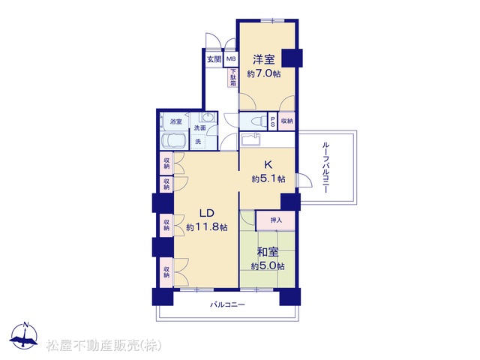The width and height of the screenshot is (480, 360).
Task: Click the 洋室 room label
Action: click(263, 59)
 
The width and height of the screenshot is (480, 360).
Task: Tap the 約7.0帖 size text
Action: click(264, 73)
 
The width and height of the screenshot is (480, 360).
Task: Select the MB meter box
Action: click(231, 58)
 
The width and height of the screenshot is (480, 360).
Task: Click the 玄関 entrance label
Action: click(214, 59)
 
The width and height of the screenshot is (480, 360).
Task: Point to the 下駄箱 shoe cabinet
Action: click(233, 77)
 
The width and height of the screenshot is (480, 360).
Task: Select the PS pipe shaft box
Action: click(272, 121)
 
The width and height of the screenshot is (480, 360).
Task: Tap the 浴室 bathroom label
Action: click(176, 121)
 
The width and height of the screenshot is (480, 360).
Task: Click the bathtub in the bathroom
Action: click(173, 141)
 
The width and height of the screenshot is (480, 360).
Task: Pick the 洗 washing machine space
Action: click(198, 142)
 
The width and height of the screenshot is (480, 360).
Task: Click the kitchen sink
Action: click(250, 139)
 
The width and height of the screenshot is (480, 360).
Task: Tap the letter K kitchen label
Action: click(268, 165)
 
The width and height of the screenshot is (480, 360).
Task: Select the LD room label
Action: click(207, 213)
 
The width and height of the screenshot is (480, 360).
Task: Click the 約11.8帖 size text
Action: click(207, 227)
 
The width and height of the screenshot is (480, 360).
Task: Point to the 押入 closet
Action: click(275, 220)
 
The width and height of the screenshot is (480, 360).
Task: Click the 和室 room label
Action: click(268, 252)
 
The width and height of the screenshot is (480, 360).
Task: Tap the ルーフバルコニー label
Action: click(325, 167)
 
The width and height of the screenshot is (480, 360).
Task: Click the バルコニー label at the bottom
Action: click(227, 305)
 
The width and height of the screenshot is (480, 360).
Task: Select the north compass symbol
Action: click(24, 336)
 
